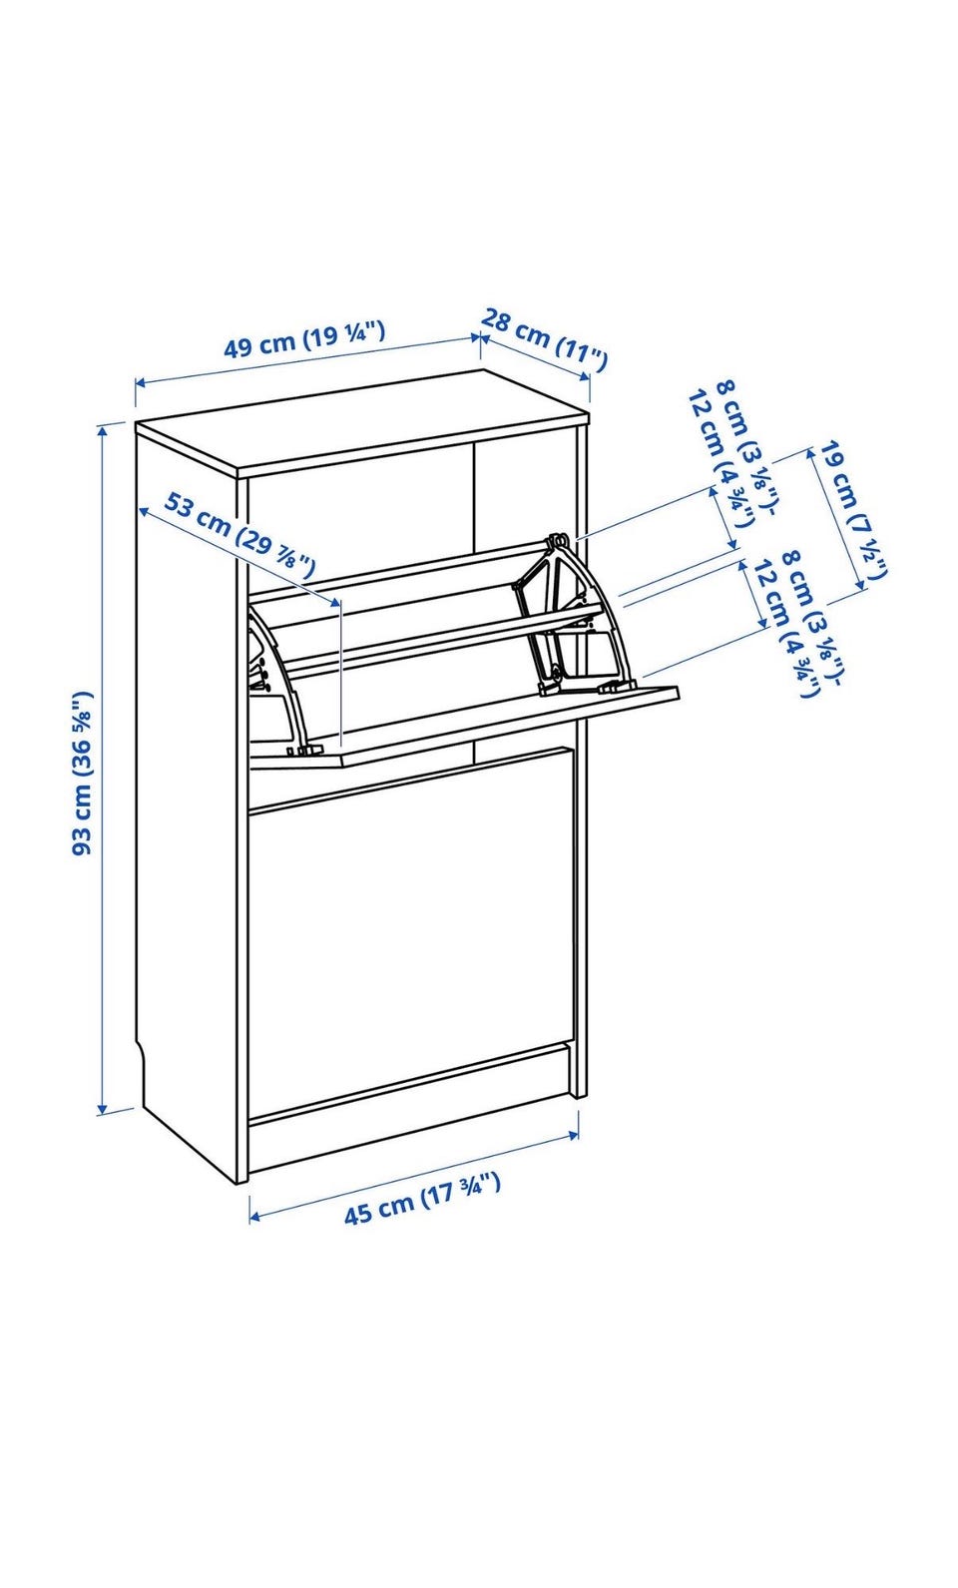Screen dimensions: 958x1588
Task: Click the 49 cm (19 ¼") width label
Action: [304, 339]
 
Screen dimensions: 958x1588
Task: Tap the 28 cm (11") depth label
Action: [544, 339]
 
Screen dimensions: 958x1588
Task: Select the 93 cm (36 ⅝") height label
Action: [84, 772]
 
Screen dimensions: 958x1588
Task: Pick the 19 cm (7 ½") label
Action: [853, 510]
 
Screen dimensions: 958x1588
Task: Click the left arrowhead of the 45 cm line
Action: [255, 1217]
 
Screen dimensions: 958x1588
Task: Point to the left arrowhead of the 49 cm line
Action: [141, 383]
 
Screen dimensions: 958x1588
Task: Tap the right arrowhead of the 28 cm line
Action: [586, 376]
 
